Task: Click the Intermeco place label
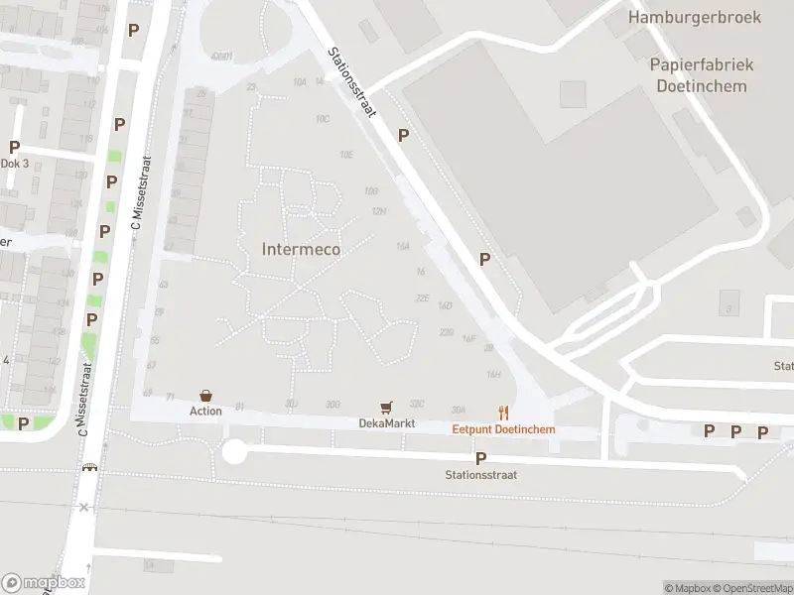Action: (301, 249)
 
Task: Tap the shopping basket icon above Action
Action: (205, 396)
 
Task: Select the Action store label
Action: (206, 411)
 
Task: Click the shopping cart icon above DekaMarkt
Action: (386, 408)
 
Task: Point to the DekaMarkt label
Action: (386, 423)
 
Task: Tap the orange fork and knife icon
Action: (504, 414)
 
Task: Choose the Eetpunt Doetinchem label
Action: (504, 429)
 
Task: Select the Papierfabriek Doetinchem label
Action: (702, 75)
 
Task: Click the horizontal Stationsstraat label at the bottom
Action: (481, 475)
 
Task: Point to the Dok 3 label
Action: (15, 164)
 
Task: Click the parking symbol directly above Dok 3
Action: (15, 147)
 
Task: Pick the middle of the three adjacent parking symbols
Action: (735, 431)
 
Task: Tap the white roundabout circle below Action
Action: (234, 452)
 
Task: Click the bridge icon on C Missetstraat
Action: (90, 468)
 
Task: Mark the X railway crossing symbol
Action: (84, 507)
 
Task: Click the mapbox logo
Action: (44, 583)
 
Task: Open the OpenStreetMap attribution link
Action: (753, 588)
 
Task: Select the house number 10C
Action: (323, 119)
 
